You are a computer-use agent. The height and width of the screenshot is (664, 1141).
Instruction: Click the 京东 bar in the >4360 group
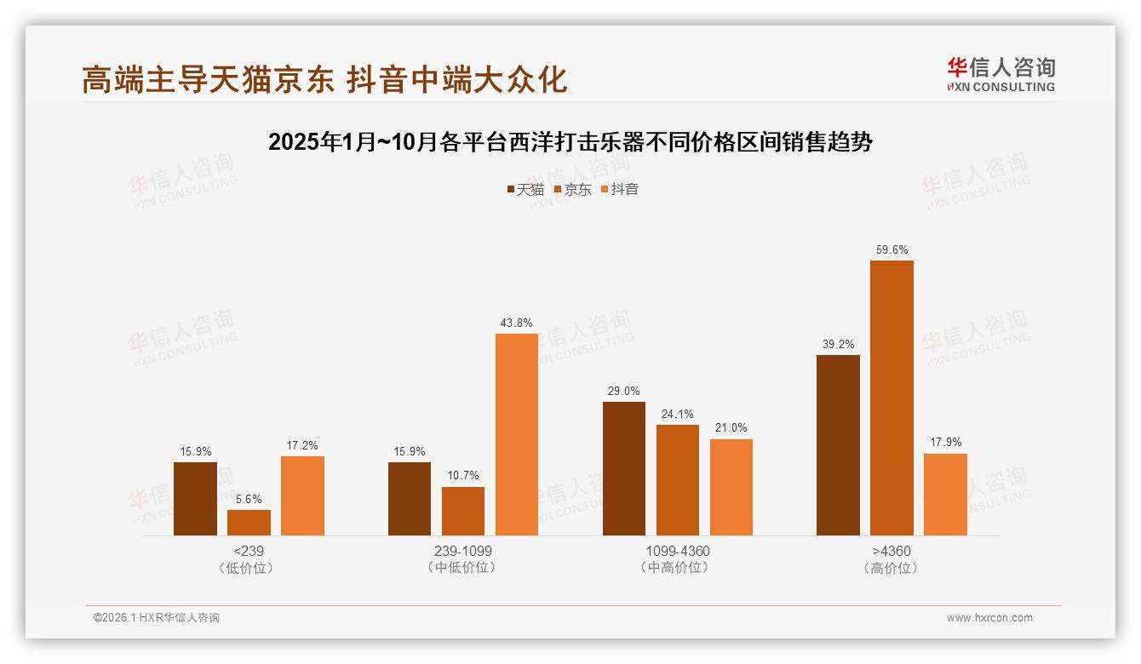tap(892, 398)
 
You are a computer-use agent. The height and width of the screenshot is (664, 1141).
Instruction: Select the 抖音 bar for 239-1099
tap(517, 434)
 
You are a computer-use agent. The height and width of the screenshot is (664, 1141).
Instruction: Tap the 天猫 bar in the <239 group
tap(195, 499)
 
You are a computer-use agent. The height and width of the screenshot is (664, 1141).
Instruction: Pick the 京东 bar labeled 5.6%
tap(249, 523)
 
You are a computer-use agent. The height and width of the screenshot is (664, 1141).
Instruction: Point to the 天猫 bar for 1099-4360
tap(624, 468)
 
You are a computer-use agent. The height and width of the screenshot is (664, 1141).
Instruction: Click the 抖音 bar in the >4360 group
tap(945, 495)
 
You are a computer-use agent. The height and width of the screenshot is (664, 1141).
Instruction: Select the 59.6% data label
tap(892, 250)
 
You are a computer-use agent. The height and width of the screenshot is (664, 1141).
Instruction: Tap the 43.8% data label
tap(517, 323)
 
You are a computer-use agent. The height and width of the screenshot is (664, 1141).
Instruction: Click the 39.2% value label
tap(838, 345)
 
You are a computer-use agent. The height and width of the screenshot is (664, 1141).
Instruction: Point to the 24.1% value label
tap(678, 415)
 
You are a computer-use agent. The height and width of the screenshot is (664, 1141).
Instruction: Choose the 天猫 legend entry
tap(525, 190)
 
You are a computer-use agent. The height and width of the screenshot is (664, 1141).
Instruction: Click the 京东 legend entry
tap(573, 190)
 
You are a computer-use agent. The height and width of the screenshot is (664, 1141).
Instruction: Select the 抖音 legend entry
tap(620, 190)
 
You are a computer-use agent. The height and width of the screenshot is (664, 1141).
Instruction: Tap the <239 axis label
tap(248, 551)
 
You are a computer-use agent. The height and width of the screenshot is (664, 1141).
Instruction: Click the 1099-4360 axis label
tap(677, 551)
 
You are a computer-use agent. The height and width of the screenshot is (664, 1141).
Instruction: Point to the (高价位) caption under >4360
tap(892, 568)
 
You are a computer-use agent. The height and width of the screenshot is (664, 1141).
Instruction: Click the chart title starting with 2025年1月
tap(570, 142)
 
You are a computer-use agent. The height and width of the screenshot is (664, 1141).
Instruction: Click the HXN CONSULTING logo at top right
tap(1001, 75)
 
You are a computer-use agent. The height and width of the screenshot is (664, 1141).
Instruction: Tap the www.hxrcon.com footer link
tap(989, 618)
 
